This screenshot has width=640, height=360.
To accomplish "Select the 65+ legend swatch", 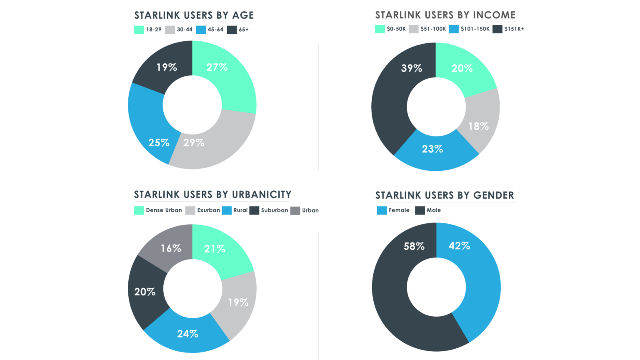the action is (232, 30).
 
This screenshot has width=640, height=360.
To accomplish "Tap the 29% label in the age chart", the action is (194, 142).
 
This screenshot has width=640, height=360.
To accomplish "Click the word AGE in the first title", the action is (243, 15).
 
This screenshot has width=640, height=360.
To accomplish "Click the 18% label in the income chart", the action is (478, 126).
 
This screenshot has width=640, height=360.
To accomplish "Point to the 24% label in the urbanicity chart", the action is (187, 333).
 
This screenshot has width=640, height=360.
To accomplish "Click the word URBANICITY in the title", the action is (261, 195).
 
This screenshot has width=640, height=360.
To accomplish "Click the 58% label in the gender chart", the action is (414, 246).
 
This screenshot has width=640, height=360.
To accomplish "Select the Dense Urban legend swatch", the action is (139, 210).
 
